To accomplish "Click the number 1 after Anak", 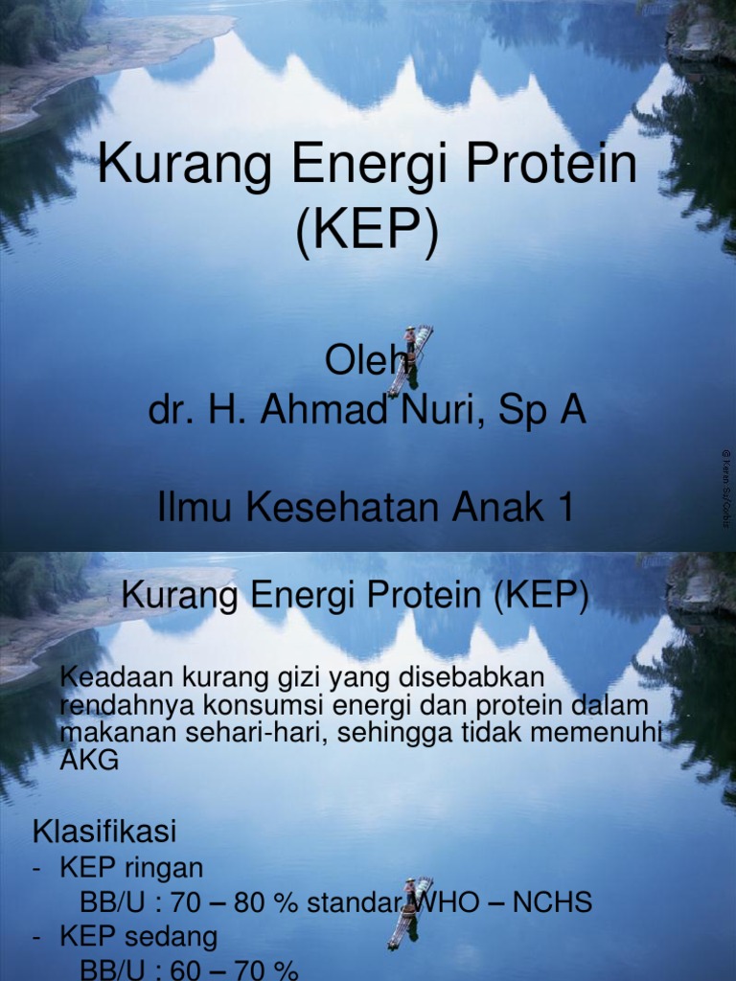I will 563,508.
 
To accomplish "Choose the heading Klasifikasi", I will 105,830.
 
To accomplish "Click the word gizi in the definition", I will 290,677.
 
